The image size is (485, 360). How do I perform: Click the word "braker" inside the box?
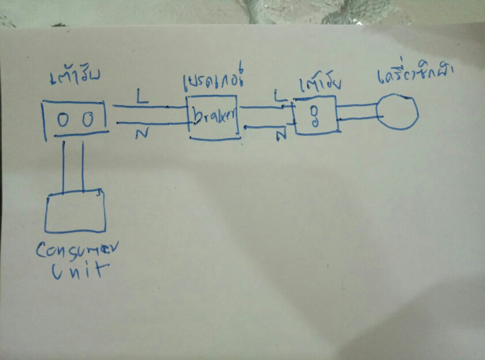click(213, 118)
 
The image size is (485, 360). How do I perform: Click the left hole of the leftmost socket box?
click(63, 119)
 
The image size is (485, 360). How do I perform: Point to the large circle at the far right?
click(397, 112)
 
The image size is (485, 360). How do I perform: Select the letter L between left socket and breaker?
click(141, 96)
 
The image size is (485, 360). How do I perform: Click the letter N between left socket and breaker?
click(140, 134)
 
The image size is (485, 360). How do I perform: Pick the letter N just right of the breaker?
click(281, 136)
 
